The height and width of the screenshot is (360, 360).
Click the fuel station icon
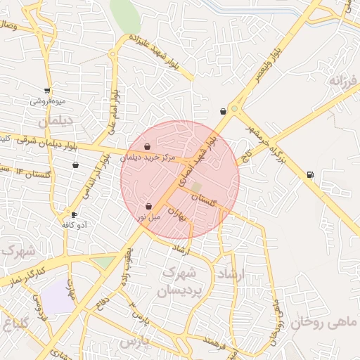click(310, 174)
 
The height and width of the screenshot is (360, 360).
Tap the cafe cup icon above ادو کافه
click(75, 214)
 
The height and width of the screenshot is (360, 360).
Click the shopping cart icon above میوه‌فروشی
click(47, 90)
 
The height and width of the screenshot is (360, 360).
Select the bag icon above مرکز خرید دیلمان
click(147, 147)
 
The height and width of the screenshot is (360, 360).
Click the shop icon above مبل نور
click(148, 207)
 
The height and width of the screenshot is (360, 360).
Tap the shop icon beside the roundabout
click(223, 111)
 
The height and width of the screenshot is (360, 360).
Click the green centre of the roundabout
click(234, 109)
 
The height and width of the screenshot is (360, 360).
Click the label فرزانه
click(343, 80)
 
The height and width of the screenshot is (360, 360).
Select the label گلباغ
click(15, 324)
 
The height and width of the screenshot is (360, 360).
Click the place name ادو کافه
click(74, 225)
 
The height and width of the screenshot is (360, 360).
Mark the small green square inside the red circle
click(196, 187)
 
